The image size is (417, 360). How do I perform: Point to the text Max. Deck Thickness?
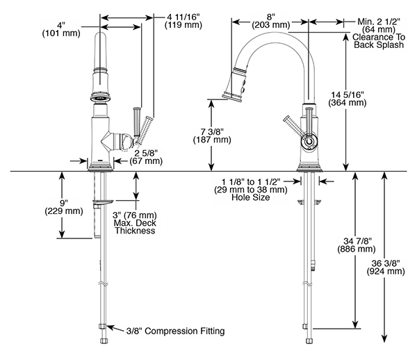pos(133,227)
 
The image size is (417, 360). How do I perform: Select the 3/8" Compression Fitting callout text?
pos(171,332)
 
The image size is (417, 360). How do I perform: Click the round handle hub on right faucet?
pos(308,142)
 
